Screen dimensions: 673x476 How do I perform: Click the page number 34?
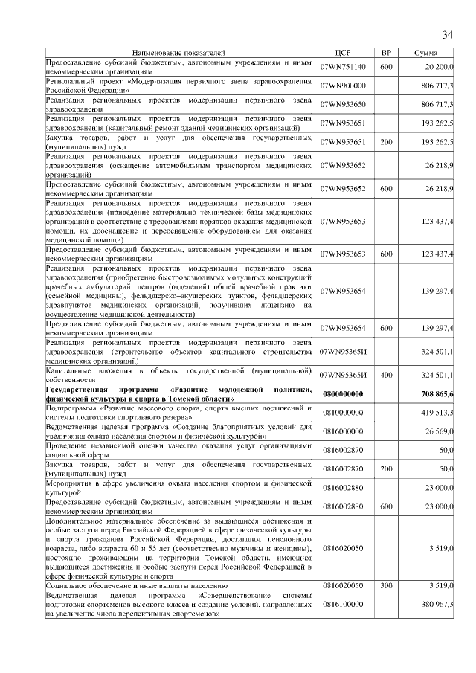(448, 35)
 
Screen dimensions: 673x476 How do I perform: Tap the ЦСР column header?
(343, 54)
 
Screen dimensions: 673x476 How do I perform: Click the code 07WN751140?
(343, 67)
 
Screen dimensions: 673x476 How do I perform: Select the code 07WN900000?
(343, 86)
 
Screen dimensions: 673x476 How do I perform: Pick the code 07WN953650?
(343, 105)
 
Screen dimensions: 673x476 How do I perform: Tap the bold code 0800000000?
(343, 393)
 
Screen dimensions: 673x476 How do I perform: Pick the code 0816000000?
(343, 431)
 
